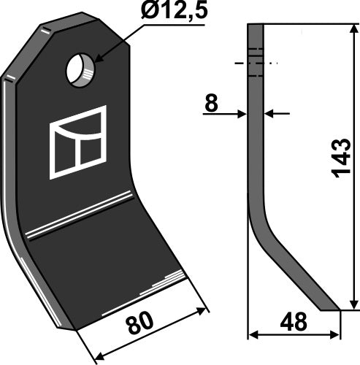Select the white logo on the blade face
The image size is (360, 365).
(77, 142)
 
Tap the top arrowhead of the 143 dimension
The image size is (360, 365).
(353, 30)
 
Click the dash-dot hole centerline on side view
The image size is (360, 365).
(255, 64)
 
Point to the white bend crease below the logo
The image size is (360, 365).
(80, 216)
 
